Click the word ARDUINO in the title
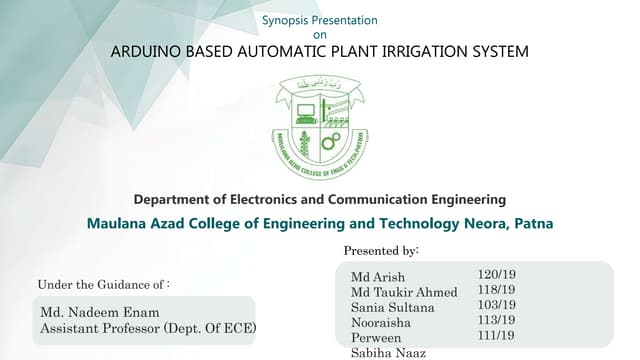tap(143, 51)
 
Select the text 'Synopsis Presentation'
tap(320, 20)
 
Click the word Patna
tap(533, 223)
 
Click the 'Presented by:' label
tap(381, 249)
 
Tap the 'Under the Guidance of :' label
tap(103, 284)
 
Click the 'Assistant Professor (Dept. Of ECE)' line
tap(148, 328)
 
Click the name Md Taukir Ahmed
tap(404, 292)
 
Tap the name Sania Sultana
tap(393, 307)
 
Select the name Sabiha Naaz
tap(388, 352)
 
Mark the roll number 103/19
tap(497, 304)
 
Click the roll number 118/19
tap(497, 289)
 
